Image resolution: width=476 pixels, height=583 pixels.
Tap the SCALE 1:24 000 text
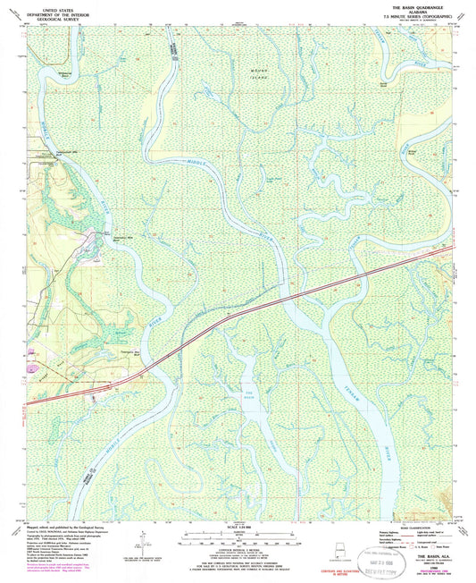coord(237,525)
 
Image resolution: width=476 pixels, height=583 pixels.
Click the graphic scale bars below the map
coord(237,539)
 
